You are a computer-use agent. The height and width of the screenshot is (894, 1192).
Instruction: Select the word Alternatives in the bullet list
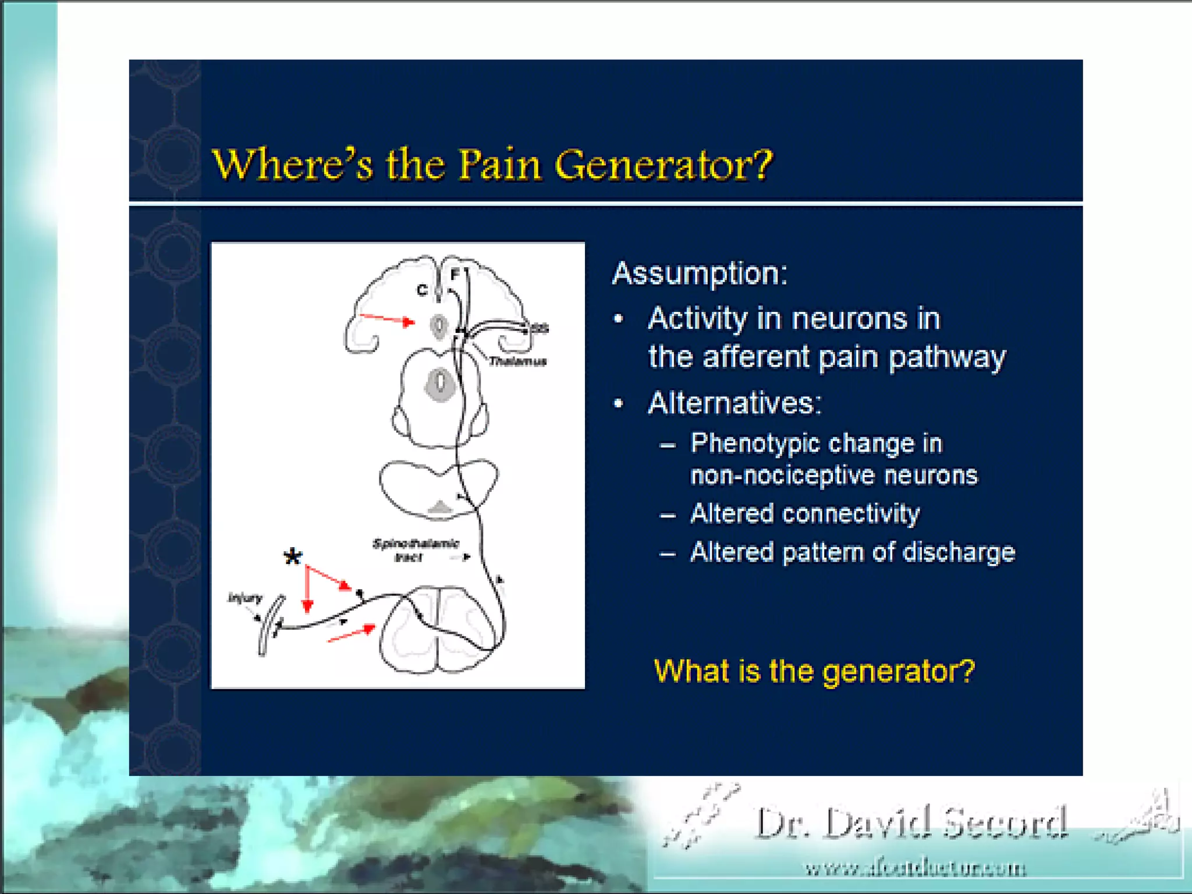735,403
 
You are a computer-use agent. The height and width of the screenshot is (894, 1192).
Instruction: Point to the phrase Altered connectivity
805,514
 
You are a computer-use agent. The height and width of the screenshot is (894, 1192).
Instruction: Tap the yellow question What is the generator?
814,671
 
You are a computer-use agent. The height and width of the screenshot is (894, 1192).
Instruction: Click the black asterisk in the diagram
293,557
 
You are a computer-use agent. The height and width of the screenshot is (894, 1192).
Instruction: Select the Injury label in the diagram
244,598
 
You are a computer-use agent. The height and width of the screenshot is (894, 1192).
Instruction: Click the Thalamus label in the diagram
517,361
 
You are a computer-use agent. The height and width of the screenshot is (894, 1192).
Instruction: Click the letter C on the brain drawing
422,290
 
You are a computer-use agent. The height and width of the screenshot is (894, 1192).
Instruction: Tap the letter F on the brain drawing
455,274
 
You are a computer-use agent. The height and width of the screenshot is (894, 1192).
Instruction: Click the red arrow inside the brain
387,319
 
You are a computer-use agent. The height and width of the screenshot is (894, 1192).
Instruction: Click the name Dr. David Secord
911,824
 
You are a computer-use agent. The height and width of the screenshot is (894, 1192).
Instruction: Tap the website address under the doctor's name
915,869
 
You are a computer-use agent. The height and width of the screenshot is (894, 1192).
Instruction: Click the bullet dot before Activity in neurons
619,319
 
